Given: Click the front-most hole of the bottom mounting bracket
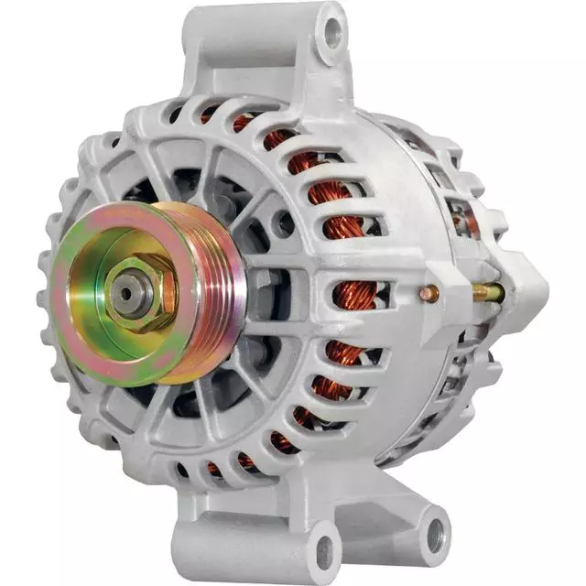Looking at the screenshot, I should coord(323,551).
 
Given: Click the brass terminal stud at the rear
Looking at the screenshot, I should coord(488,293).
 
